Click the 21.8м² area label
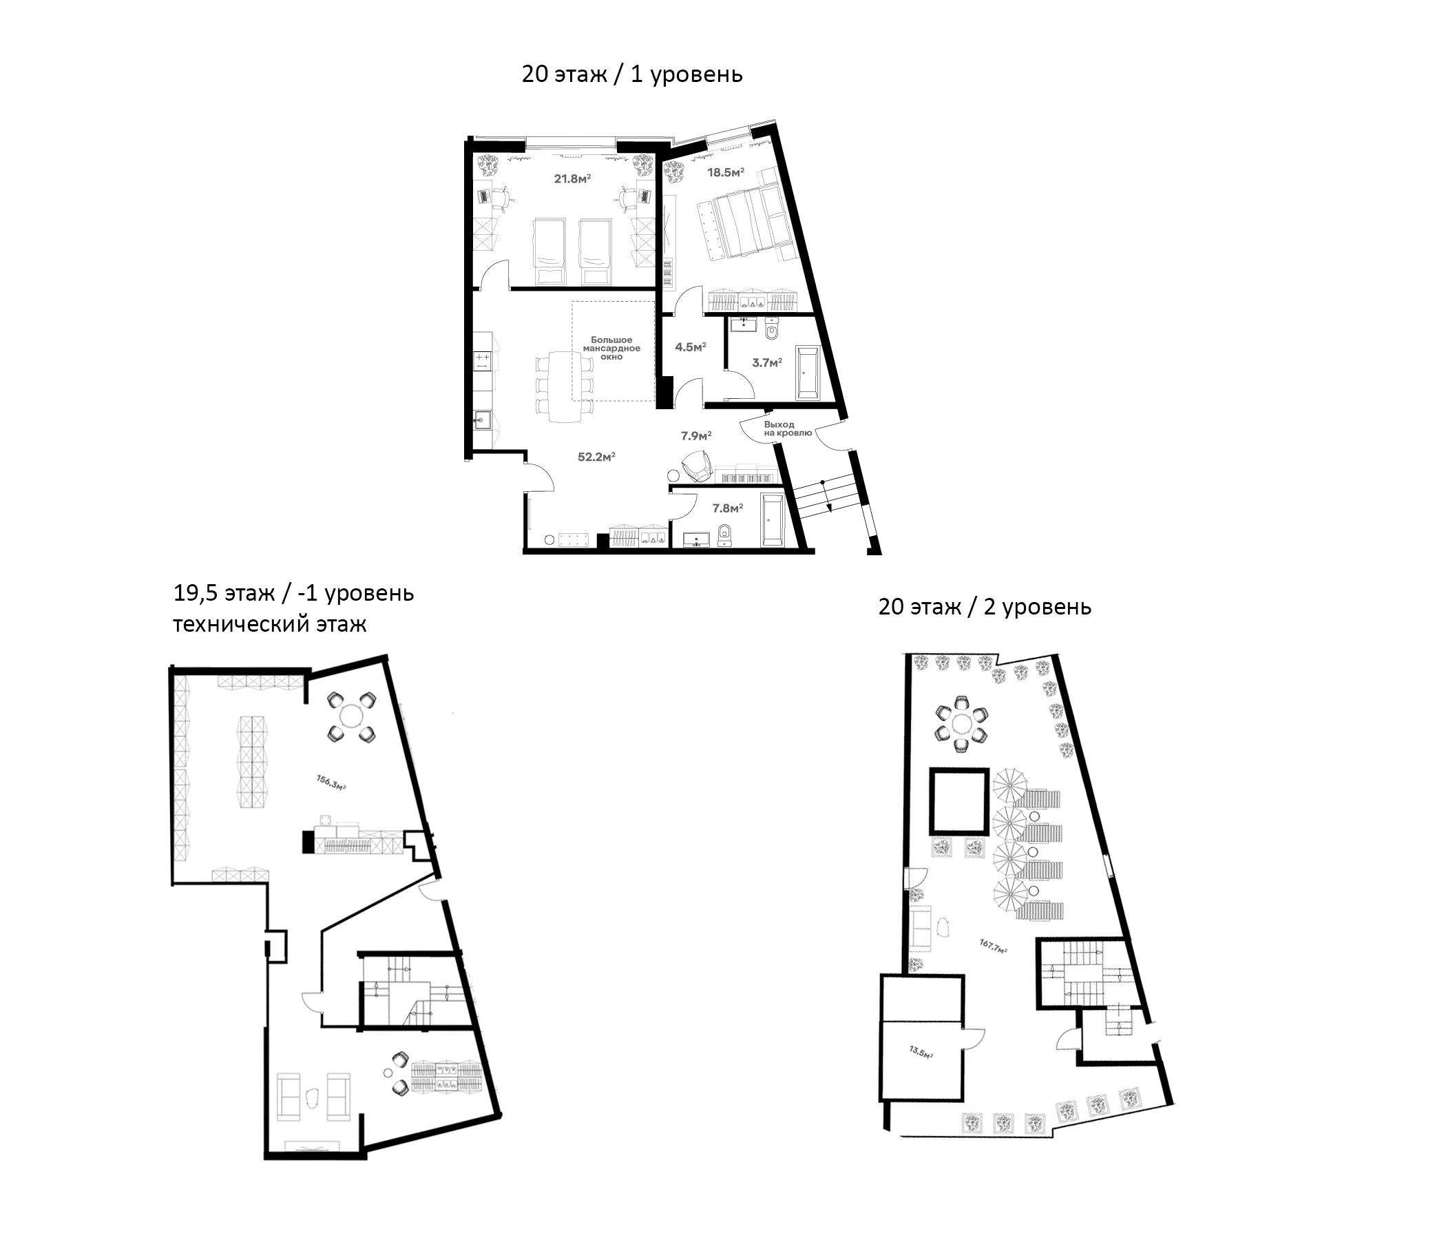coord(572,178)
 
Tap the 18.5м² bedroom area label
coord(726,172)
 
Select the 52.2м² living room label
coord(596,457)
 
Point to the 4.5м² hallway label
coord(690,347)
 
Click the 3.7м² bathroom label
coord(766,362)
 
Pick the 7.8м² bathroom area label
coord(727,508)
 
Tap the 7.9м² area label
coord(695,435)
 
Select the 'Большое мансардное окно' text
coord(611,348)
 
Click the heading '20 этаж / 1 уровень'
coord(631,74)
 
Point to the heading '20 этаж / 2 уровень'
coord(984,607)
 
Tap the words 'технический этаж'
coord(269,623)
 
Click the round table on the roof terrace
coord(962,724)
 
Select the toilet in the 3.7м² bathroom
coord(771,330)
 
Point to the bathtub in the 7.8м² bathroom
coord(773,520)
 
